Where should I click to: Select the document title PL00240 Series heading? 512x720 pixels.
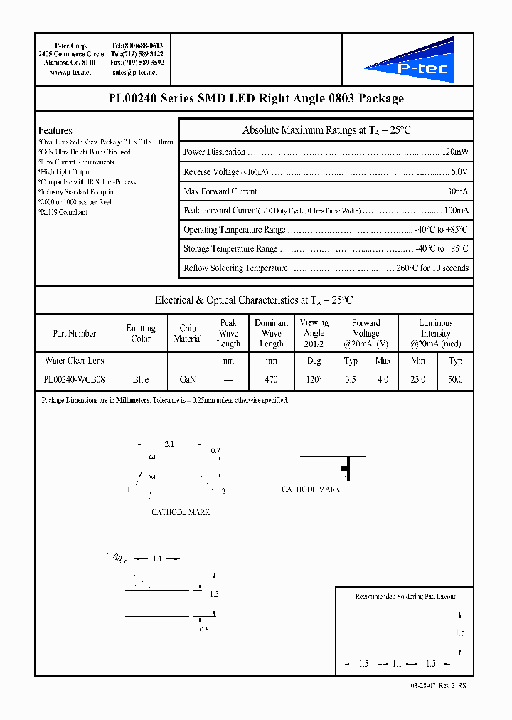(255, 99)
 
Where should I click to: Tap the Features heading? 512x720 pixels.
(55, 131)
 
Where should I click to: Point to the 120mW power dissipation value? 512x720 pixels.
(455, 152)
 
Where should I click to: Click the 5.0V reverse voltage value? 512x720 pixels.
(459, 172)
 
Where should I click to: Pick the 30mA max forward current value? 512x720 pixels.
(457, 191)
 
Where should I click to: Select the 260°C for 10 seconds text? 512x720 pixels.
(433, 268)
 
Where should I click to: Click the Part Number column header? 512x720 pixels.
(74, 333)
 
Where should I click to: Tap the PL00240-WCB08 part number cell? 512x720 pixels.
(74, 380)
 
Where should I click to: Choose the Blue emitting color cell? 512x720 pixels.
(141, 380)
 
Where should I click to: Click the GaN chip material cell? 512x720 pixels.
(188, 380)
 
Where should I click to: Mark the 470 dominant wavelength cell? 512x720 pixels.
(271, 380)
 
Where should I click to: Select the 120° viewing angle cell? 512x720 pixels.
(314, 380)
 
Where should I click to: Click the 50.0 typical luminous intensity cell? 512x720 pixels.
(455, 380)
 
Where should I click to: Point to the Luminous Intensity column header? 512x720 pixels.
(435, 333)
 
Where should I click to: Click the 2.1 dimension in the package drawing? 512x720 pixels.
(169, 444)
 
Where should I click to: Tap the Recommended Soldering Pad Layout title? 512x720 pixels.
(405, 597)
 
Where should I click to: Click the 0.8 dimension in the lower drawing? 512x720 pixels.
(203, 630)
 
